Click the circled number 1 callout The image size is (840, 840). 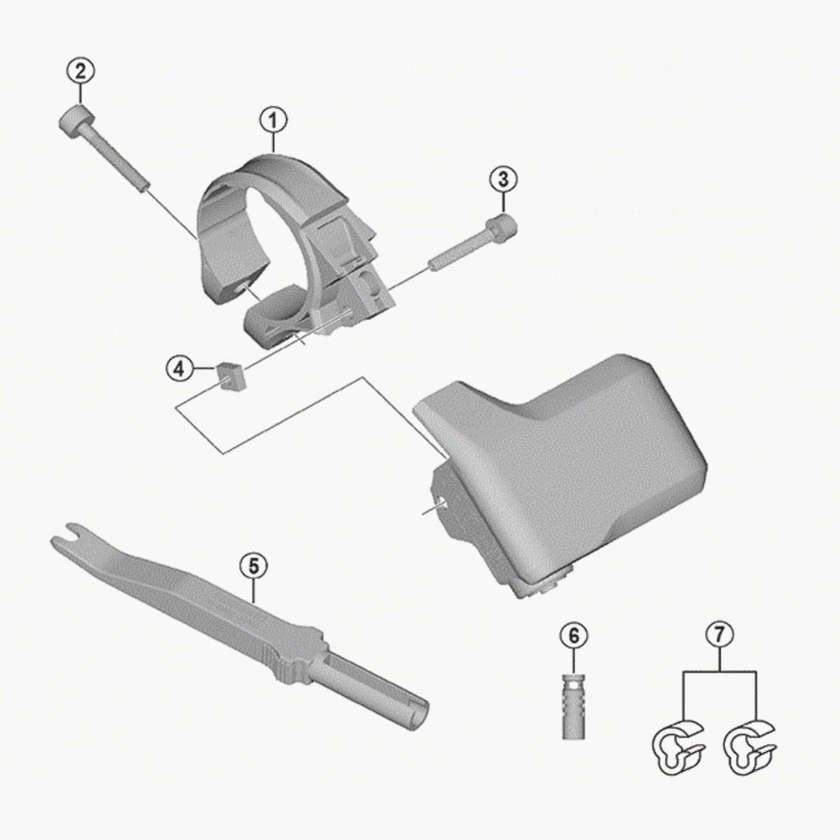pyautogui.click(x=274, y=121)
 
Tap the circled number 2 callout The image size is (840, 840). pyautogui.click(x=81, y=71)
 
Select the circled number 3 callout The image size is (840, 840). pyautogui.click(x=503, y=179)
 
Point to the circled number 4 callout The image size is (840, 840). pyautogui.click(x=180, y=369)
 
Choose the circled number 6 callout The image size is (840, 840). pyautogui.click(x=574, y=635)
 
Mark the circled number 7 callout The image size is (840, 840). pyautogui.click(x=719, y=635)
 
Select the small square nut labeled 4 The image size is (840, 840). pyautogui.click(x=231, y=376)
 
